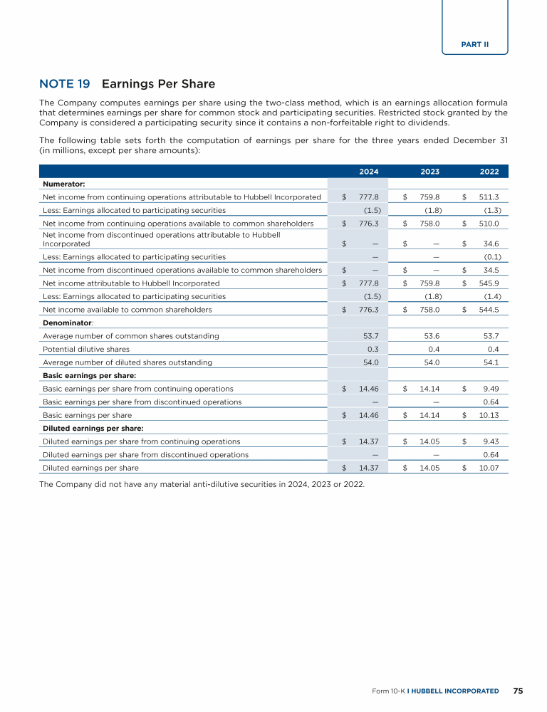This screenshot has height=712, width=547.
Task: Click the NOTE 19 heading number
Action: (65, 84)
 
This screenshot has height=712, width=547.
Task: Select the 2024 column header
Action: (369, 172)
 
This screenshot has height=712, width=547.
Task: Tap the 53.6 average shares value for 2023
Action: (430, 335)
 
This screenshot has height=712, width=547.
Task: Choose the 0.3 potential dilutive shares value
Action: (372, 349)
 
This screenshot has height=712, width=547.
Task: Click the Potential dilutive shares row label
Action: (86, 349)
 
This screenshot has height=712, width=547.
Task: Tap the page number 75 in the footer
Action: (518, 691)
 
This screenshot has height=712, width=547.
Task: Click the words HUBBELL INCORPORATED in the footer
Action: (454, 691)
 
